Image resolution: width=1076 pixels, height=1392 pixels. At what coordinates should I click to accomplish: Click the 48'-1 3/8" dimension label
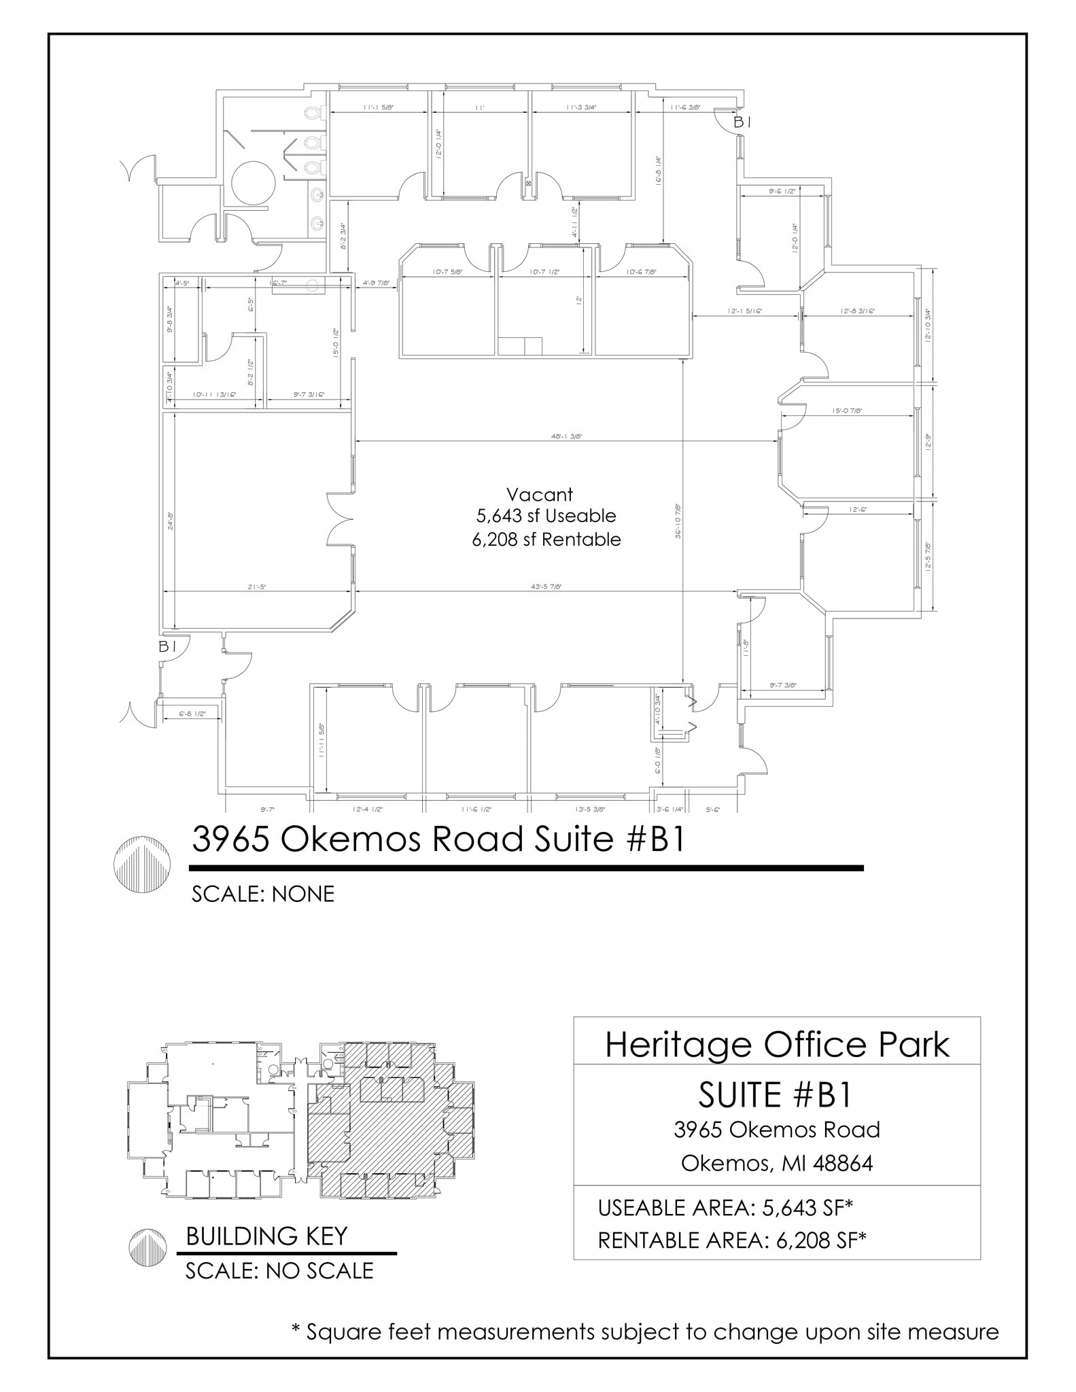pyautogui.click(x=566, y=437)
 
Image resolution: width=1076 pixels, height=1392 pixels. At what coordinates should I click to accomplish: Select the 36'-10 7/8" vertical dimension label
pyautogui.click(x=678, y=521)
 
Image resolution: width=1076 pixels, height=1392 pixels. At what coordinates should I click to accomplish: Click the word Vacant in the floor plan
pyautogui.click(x=539, y=494)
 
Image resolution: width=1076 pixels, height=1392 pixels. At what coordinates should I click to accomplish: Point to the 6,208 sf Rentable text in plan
pyautogui.click(x=546, y=540)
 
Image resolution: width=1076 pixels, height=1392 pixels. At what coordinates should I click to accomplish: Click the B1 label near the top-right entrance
pyautogui.click(x=742, y=122)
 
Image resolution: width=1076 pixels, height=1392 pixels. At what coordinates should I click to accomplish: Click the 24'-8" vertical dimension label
pyautogui.click(x=171, y=520)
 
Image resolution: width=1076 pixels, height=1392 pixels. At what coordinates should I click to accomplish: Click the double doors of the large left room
pyautogui.click(x=340, y=519)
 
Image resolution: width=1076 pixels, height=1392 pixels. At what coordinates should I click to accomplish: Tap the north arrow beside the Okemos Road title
pyautogui.click(x=142, y=864)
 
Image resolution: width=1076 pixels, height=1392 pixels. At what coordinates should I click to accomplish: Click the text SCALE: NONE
pyautogui.click(x=263, y=894)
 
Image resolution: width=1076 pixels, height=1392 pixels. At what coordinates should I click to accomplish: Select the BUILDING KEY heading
pyautogui.click(x=266, y=1236)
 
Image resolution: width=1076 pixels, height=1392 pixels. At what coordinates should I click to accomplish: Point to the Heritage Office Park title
pyautogui.click(x=777, y=1045)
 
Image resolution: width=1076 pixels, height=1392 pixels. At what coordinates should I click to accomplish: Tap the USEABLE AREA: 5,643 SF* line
pyautogui.click(x=725, y=1208)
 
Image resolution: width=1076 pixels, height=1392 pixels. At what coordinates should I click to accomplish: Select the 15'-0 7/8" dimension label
pyautogui.click(x=846, y=411)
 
